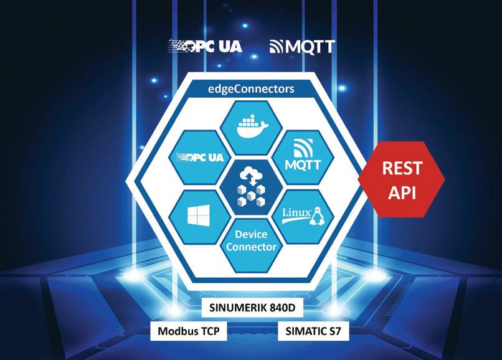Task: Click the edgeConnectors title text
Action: pos(251,89)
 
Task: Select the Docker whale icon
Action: pos(252,128)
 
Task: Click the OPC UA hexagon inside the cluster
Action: pos(201,158)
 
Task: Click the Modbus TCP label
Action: pos(189,330)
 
